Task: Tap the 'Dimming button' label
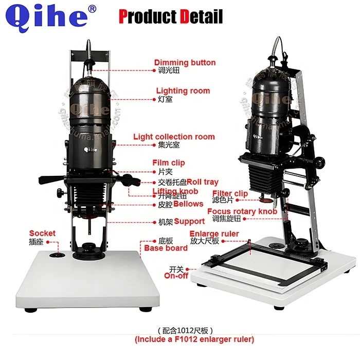185,63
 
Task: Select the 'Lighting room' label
183,91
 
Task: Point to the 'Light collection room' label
174,137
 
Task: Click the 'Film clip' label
169,163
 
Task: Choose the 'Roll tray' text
203,182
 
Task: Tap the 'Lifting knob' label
175,191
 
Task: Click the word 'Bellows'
188,204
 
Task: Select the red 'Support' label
189,222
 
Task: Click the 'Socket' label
42,233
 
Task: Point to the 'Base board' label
166,248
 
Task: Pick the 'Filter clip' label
230,194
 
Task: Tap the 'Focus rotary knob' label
242,211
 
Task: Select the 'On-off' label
176,276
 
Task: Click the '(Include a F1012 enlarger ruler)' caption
194,339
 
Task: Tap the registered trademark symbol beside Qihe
93,9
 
